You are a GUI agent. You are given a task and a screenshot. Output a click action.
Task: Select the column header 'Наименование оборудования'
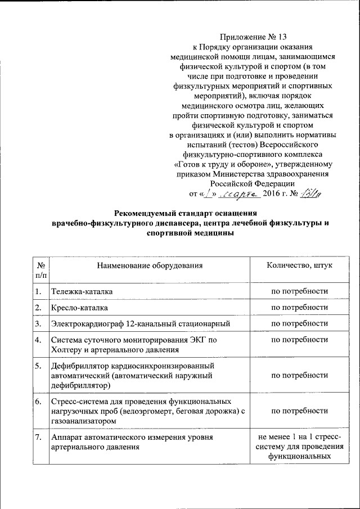click(x=149, y=264)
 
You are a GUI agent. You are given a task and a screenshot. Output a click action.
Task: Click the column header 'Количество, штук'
click(x=299, y=264)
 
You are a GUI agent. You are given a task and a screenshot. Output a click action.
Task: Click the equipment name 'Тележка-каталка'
click(x=82, y=291)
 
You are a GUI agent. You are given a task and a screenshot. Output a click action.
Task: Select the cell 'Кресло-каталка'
click(x=79, y=308)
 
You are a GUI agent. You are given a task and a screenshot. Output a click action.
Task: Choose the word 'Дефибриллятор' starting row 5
click(x=79, y=366)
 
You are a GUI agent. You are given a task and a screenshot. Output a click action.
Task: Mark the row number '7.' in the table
click(x=38, y=437)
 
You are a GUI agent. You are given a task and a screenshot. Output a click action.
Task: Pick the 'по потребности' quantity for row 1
click(x=299, y=291)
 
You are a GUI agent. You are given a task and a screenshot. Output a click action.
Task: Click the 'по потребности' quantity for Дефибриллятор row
click(x=299, y=375)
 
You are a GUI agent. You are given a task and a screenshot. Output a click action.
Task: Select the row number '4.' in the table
click(x=38, y=340)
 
